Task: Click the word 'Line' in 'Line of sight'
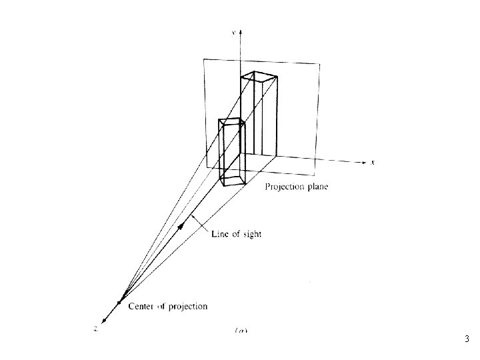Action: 221,233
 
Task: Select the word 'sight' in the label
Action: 252,234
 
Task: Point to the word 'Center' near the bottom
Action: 141,307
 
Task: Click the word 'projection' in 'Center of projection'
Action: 187,307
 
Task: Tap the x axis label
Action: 373,162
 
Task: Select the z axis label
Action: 95,327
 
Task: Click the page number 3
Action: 467,339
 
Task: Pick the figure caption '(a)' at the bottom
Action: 239,329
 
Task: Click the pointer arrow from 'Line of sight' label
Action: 193,219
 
